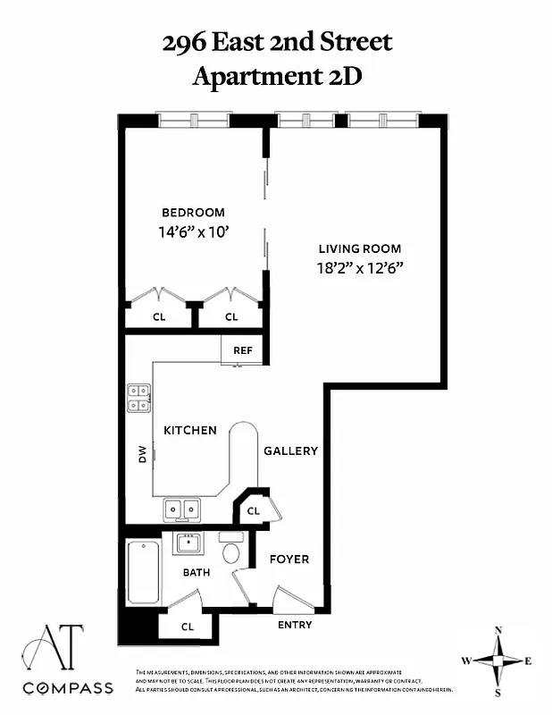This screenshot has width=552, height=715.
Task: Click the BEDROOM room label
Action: point(193,213)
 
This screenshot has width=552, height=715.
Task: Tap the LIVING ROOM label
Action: point(360,248)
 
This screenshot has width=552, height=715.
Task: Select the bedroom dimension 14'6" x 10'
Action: point(193,231)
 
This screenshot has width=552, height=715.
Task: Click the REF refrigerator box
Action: point(243,350)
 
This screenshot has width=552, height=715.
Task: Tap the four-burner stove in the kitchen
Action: point(138,397)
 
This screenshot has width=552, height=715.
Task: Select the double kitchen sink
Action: point(182,509)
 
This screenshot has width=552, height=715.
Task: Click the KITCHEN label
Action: point(189,430)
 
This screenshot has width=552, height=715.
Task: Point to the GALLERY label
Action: point(290,451)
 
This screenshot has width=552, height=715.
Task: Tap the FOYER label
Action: point(289,559)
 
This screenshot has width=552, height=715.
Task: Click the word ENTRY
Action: point(295,625)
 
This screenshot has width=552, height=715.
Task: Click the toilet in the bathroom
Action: point(231,550)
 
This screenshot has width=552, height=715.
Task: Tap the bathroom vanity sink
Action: point(188,543)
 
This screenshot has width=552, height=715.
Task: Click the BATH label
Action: point(197,572)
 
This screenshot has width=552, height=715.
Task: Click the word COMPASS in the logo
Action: point(68,687)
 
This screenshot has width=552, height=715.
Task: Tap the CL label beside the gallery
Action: point(253,511)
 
